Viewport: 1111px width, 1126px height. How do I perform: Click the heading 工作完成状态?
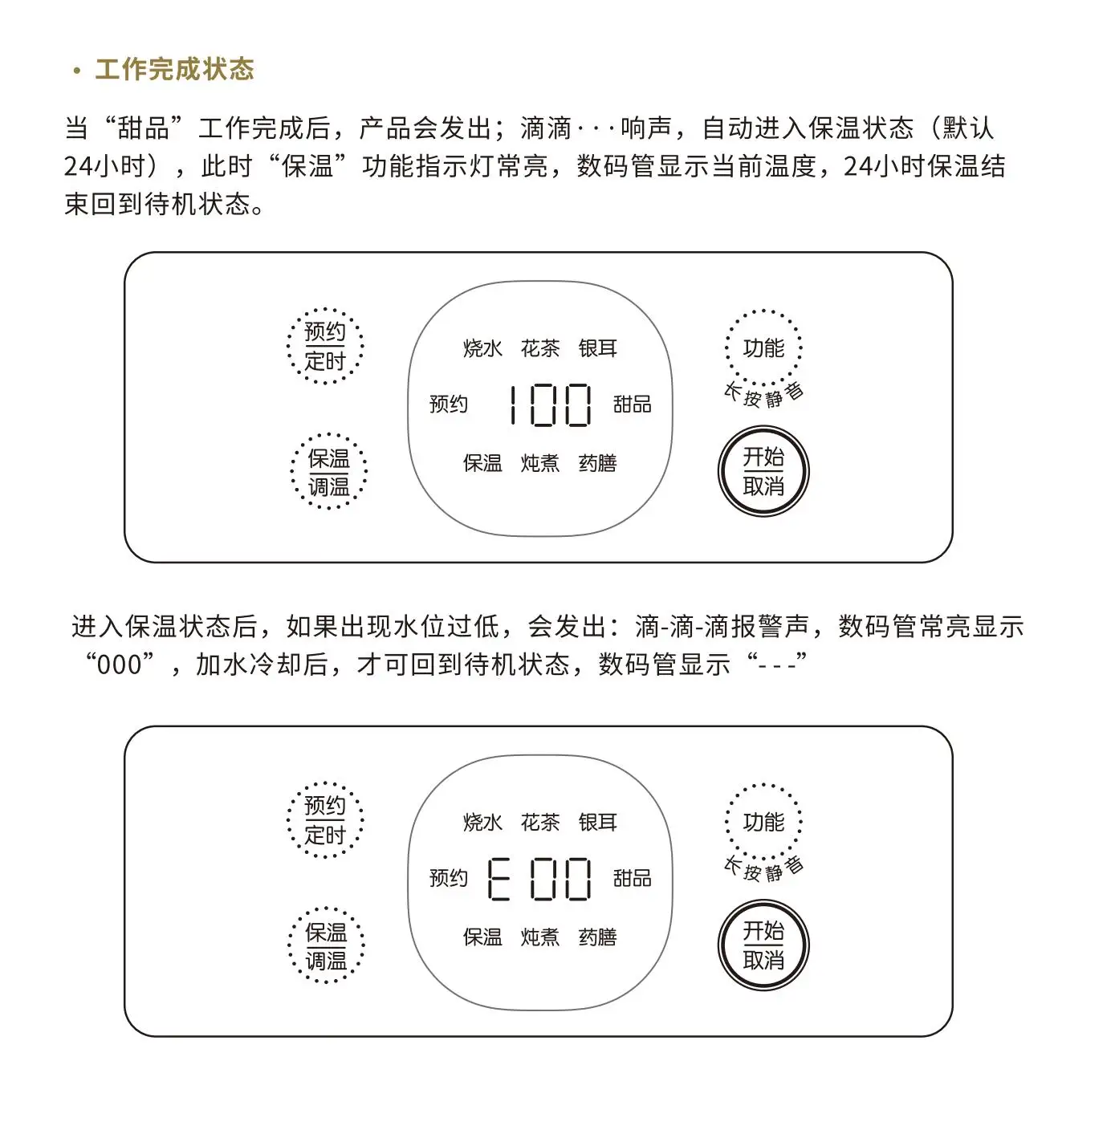174,70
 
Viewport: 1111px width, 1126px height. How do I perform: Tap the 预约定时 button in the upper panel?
325,347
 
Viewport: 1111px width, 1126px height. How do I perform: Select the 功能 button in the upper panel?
763,348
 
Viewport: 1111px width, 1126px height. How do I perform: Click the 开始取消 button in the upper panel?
763,471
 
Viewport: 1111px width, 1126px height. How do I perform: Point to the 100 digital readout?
550,405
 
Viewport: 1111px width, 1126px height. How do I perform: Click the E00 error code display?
539,879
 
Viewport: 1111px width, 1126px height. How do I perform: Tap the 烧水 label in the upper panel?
482,348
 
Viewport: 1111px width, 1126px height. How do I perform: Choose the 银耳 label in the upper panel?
597,348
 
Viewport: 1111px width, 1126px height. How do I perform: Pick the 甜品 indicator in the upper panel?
632,404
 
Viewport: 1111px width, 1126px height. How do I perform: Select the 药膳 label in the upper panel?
597,463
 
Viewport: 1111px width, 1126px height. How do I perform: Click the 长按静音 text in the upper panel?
763,395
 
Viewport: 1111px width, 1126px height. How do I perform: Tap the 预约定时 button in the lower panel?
325,820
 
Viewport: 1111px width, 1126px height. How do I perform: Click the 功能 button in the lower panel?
763,822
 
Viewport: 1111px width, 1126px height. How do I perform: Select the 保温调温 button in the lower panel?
326,945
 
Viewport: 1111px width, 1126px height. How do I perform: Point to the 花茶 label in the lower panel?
539,822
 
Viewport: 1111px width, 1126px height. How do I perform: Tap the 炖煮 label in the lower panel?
539,937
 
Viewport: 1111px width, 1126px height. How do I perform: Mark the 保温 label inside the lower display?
482,937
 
